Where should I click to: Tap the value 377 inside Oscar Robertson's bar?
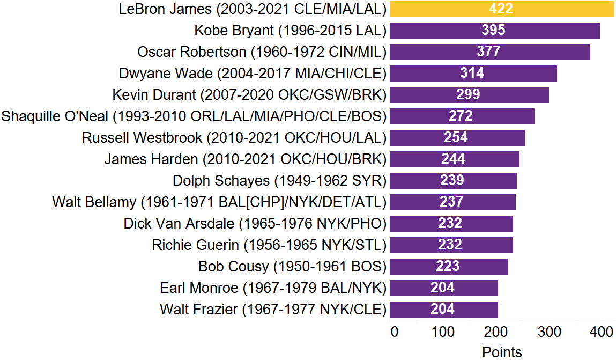tap(488, 52)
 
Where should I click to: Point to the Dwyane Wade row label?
tap(252, 73)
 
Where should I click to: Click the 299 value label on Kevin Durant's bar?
tap(468, 94)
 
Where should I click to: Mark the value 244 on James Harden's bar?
tap(453, 159)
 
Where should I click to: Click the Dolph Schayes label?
tap(279, 180)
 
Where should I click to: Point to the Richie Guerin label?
tap(269, 245)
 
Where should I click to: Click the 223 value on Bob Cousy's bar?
tap(448, 266)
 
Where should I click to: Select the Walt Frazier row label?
tap(273, 309)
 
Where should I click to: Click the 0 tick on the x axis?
tap(395, 332)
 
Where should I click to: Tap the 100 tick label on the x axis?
tap(443, 332)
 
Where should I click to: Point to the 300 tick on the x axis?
tap(548, 332)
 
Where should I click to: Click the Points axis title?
tap(502, 352)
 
